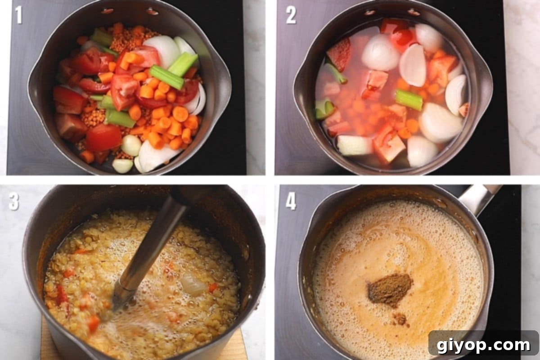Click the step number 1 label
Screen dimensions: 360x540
click(18, 15)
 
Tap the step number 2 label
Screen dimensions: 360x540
click(291, 15)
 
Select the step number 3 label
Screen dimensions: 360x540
click(14, 201)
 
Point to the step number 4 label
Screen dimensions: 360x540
click(291, 201)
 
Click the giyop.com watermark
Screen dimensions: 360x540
click(483, 345)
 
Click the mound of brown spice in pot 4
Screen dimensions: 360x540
click(389, 289)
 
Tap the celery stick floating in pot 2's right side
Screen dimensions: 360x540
click(409, 99)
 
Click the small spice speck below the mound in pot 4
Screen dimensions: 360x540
click(399, 319)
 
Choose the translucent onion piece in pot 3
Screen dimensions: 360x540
click(193, 284)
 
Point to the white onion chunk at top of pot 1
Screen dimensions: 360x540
click(162, 49)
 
